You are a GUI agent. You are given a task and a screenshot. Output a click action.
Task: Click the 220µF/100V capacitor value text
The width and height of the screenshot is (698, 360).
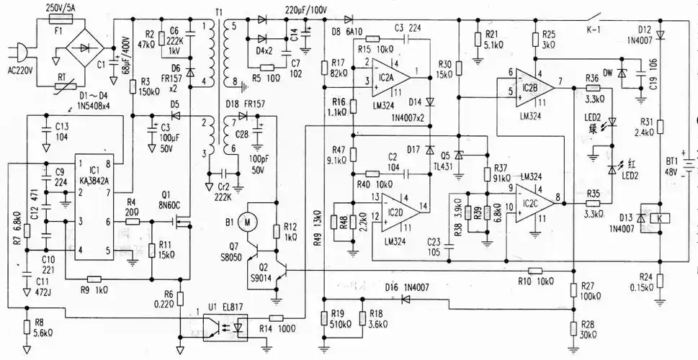(295, 10)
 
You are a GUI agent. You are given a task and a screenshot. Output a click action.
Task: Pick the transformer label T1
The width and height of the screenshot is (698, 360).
(218, 12)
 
